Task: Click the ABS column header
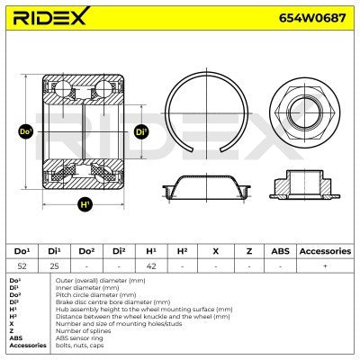point(281,250)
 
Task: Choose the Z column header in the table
point(248,250)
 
